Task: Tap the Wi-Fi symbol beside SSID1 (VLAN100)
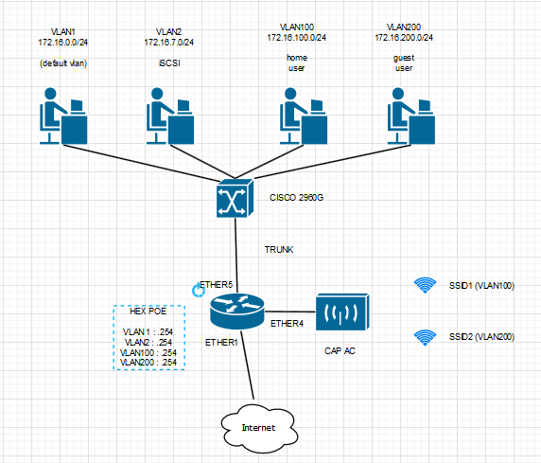coord(426,284)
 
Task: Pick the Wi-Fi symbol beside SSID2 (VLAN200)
coord(426,336)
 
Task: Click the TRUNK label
coord(278,250)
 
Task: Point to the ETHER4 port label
coord(287,324)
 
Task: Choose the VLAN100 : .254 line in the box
coord(150,352)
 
